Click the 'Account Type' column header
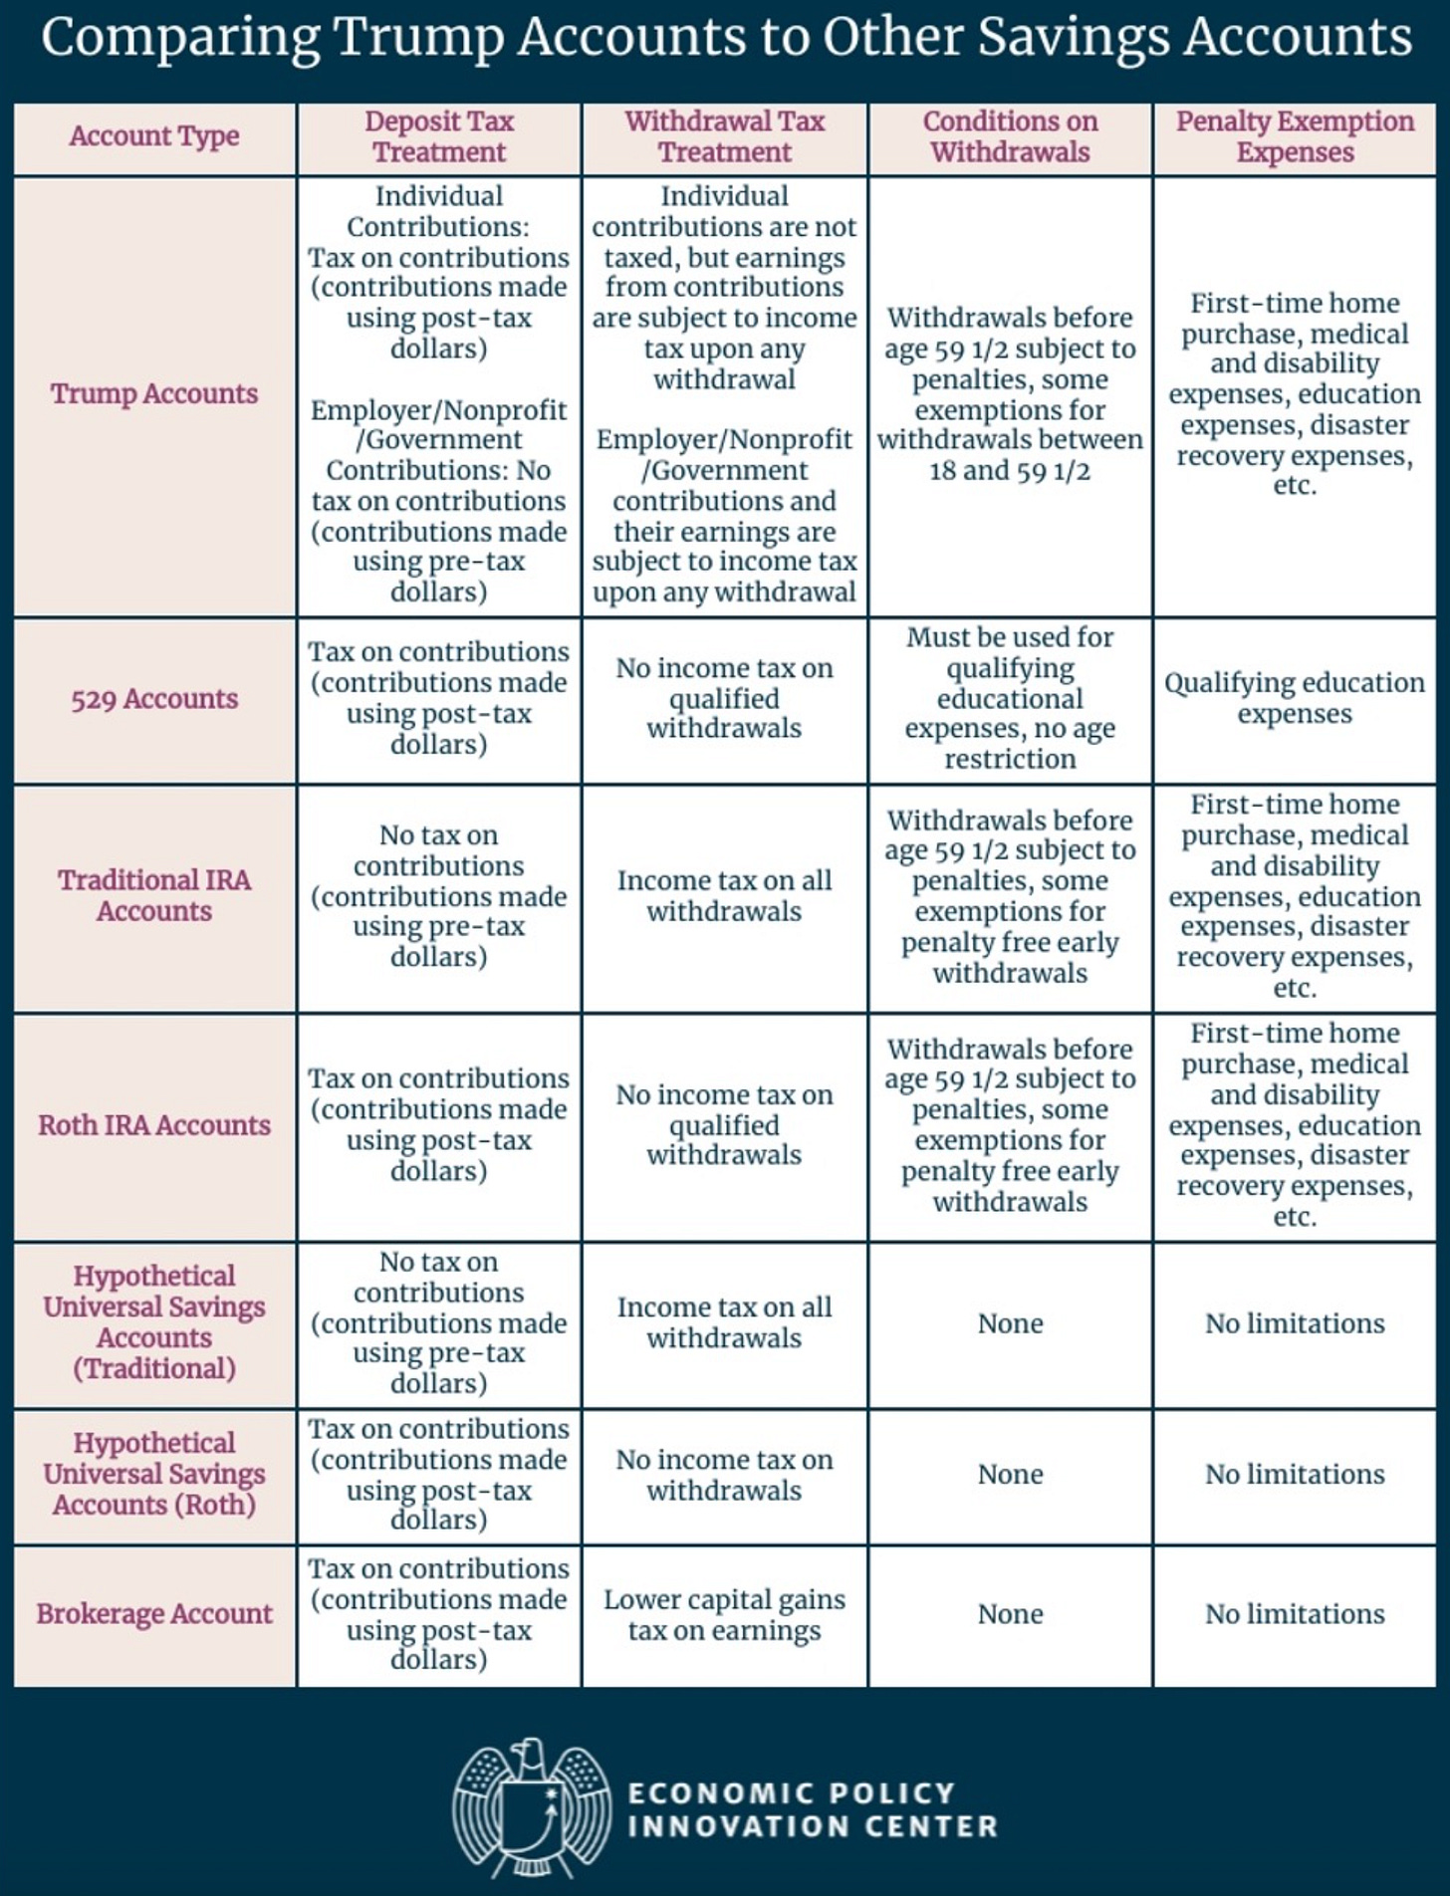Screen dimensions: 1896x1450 coord(154,136)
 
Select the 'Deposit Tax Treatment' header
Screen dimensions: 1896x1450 coord(439,136)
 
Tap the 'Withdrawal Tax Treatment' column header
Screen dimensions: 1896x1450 coord(724,136)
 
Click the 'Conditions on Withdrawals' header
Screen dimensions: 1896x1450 coord(1010,136)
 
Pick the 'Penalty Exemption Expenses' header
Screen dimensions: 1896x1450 coord(1295,136)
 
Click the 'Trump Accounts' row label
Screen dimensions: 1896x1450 coord(154,394)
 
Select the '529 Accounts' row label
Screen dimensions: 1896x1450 coord(154,699)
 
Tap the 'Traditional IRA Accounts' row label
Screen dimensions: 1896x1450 coord(154,895)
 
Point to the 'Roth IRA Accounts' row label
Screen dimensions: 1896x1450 coord(154,1125)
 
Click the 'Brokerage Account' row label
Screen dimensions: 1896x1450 coord(154,1613)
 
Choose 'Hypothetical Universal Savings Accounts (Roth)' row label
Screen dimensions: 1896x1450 coord(154,1474)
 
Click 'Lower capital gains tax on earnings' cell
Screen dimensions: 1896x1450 coord(724,1614)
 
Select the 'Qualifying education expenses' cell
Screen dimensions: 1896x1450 coord(1295,698)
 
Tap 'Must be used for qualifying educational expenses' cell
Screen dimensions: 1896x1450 coord(1010,698)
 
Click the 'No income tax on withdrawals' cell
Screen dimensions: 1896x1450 coord(724,1475)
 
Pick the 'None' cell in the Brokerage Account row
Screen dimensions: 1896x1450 coord(1010,1614)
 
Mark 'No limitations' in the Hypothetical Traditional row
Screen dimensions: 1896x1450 coord(1295,1323)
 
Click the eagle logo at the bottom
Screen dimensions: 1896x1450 coord(531,1803)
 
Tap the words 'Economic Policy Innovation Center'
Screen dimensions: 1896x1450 coord(812,1810)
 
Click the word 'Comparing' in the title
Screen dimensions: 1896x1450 coord(180,38)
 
